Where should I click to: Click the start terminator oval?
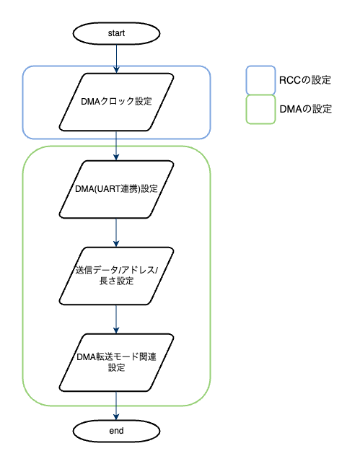pyautogui.click(x=116, y=34)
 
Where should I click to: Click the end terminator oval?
pyautogui.click(x=116, y=431)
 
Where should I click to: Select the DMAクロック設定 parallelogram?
pyautogui.click(x=116, y=101)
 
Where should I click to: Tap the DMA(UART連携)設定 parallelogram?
pyautogui.click(x=116, y=190)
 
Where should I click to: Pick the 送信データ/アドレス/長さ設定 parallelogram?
pyautogui.click(x=116, y=276)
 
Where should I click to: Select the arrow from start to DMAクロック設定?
pyautogui.click(x=116, y=58)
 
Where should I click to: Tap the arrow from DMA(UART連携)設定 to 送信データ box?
pyautogui.click(x=116, y=232)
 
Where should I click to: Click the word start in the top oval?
pyautogui.click(x=116, y=34)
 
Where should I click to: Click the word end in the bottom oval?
pyautogui.click(x=116, y=431)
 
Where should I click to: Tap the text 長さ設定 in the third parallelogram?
pyautogui.click(x=116, y=281)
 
